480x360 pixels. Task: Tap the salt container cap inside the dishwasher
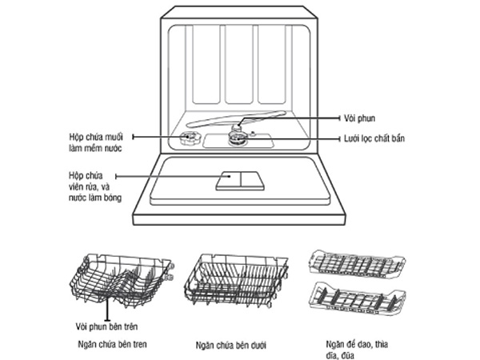190,140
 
